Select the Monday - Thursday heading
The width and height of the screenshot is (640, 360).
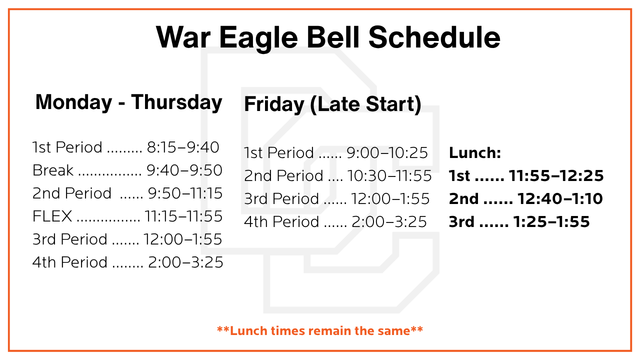click(x=128, y=102)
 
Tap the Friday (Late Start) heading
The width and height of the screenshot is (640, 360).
click(x=332, y=104)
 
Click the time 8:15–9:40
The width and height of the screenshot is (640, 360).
click(x=183, y=147)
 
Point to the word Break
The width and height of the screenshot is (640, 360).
click(x=53, y=170)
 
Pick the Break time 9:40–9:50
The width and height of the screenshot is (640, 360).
click(x=184, y=170)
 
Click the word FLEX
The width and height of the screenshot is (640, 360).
click(x=52, y=216)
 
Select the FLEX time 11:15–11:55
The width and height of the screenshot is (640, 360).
click(x=183, y=216)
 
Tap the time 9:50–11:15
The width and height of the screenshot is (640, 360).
click(x=185, y=193)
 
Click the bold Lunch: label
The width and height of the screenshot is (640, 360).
click(x=474, y=152)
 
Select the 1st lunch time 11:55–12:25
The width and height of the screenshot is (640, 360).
click(x=556, y=175)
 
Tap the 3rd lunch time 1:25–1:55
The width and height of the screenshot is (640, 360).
click(x=551, y=221)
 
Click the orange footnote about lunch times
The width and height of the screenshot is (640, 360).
click(x=320, y=330)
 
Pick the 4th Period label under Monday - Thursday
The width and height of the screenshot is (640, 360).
click(x=70, y=262)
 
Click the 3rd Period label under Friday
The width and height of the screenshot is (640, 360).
click(x=281, y=198)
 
